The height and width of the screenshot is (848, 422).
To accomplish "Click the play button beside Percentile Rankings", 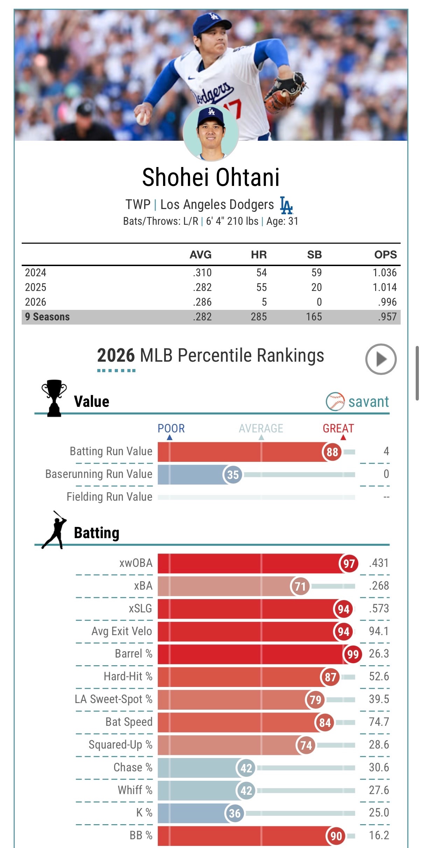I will point(381,359).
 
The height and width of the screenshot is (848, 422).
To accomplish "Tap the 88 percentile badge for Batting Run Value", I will point(332,452).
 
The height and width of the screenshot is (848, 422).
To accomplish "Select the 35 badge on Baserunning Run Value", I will point(233,475).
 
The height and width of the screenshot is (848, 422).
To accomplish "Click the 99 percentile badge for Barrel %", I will point(353,654).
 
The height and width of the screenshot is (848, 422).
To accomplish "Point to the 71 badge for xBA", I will point(300,586).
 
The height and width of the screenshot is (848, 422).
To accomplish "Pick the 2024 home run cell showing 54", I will point(261,273).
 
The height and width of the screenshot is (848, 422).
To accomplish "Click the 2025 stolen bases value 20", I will point(316,287).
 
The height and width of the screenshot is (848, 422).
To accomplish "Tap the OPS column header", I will point(385,255).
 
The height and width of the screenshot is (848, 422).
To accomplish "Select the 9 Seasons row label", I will point(47,317).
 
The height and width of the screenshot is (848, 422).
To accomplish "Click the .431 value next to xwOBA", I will point(379,563).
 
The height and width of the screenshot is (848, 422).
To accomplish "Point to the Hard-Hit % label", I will point(128,676).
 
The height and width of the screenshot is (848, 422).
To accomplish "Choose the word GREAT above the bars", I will point(338,428).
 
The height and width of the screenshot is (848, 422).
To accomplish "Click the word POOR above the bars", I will point(171,428).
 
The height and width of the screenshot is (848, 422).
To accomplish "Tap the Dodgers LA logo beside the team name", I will point(286,205).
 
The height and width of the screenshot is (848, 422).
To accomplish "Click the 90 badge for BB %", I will point(336,836).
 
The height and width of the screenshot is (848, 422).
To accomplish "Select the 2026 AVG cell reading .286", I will point(202,302).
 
